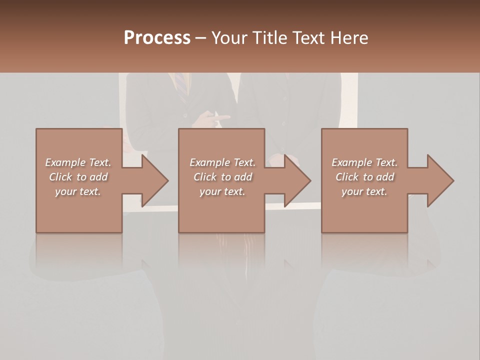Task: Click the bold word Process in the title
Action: pyautogui.click(x=157, y=38)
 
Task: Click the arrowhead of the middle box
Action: pyautogui.click(x=296, y=180)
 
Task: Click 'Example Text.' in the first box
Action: pyautogui.click(x=78, y=162)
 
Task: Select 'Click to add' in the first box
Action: pyautogui.click(x=78, y=177)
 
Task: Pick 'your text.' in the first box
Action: pyautogui.click(x=78, y=191)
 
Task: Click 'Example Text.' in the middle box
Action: pyautogui.click(x=222, y=162)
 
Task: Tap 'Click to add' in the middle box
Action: pyautogui.click(x=222, y=177)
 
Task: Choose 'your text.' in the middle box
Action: pyautogui.click(x=222, y=191)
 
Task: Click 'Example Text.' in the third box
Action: pyautogui.click(x=364, y=162)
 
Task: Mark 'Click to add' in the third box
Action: pyautogui.click(x=364, y=177)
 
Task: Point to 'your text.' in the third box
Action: pyautogui.click(x=364, y=191)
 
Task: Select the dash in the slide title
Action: pyautogui.click(x=201, y=38)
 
